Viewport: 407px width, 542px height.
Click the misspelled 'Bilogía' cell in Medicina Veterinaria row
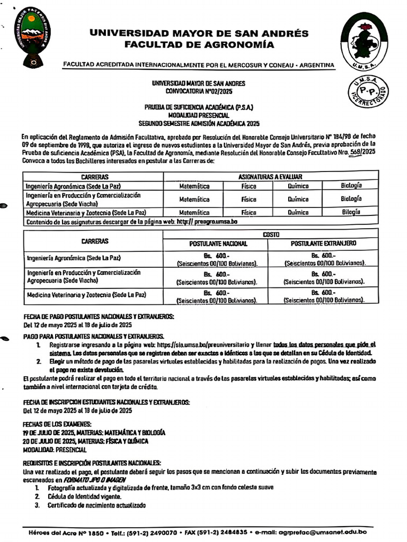pyautogui.click(x=351, y=212)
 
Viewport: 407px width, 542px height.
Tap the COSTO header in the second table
pyautogui.click(x=271, y=234)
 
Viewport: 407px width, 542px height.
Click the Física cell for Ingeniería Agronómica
pyautogui.click(x=249, y=186)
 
